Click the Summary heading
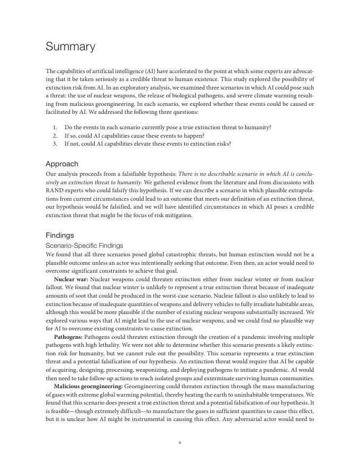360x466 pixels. pyautogui.click(x=70, y=47)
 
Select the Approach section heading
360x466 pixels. pyautogui.click(x=62, y=164)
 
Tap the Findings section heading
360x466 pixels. pyautogui.click(x=60, y=235)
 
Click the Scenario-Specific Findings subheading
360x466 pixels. pyautogui.click(x=84, y=246)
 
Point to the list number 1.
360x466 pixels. pyautogui.click(x=55, y=128)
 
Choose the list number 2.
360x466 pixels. pyautogui.click(x=55, y=136)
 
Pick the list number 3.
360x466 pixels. pyautogui.click(x=55, y=144)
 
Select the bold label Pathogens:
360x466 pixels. pyautogui.click(x=68, y=337)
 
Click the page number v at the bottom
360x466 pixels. pyautogui.click(x=180, y=443)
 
